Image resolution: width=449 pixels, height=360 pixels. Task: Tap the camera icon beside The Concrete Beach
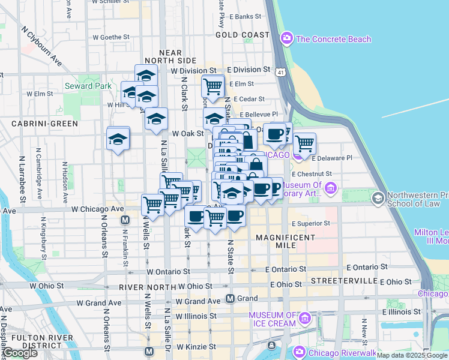(x=287, y=39)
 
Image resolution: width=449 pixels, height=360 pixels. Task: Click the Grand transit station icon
(x=230, y=298)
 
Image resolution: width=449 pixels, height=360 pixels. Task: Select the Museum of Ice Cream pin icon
(x=305, y=317)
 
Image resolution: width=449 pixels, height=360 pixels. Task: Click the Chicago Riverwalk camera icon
(x=298, y=352)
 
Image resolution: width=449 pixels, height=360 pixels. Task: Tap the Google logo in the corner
(x=20, y=353)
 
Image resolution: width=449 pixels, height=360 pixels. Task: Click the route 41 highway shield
(x=280, y=72)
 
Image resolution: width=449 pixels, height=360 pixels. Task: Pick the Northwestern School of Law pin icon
(x=378, y=197)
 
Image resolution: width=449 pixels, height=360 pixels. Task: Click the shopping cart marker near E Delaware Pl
(x=305, y=143)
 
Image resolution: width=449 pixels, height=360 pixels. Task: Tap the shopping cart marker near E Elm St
(x=212, y=86)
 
